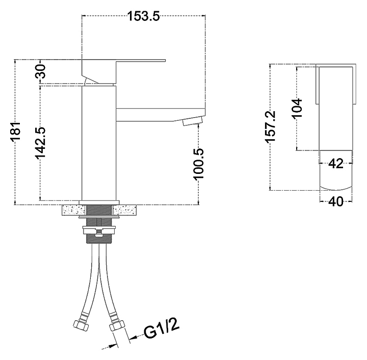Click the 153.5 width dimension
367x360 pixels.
143,16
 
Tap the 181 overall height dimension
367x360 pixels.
16,132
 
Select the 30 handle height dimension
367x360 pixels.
40,71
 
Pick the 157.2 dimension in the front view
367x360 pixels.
270,126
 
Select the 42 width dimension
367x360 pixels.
336,163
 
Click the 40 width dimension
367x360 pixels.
336,201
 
